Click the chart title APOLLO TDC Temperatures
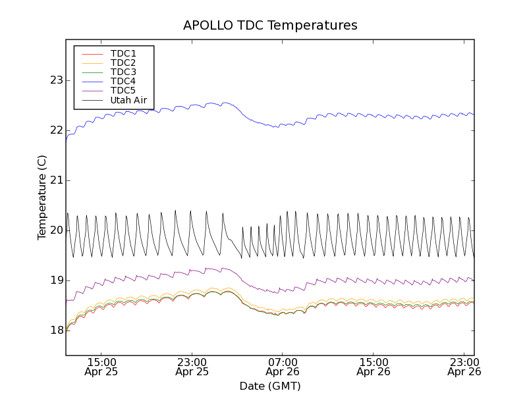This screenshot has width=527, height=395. tap(270, 26)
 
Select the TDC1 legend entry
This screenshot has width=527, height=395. tap(123, 53)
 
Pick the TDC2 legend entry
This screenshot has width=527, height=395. tap(123, 63)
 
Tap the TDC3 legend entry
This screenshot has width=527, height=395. tap(123, 72)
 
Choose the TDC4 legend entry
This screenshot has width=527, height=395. tap(123, 82)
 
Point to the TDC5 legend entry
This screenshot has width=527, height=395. tap(123, 91)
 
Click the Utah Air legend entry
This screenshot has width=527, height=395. tap(128, 101)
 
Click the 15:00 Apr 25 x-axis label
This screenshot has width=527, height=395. tap(101, 367)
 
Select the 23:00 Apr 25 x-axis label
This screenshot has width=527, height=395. tap(192, 367)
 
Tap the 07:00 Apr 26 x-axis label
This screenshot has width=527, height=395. tap(283, 367)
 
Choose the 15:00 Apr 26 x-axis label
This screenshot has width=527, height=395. tap(374, 367)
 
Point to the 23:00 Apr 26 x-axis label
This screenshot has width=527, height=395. tap(464, 367)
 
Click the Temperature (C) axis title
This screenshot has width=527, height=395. tap(42, 197)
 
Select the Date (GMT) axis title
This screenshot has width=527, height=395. tap(270, 386)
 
